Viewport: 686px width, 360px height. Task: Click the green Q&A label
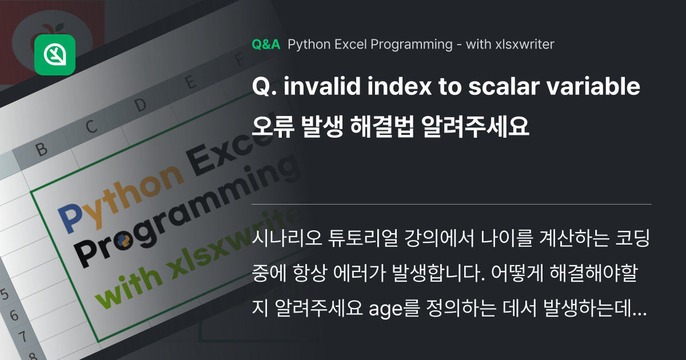pos(266,45)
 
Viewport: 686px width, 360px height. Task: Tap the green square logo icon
pos(55,55)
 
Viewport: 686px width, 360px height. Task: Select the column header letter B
pos(41,150)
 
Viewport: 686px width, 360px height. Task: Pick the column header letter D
pos(140,105)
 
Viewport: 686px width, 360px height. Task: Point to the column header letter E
pos(189,84)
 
